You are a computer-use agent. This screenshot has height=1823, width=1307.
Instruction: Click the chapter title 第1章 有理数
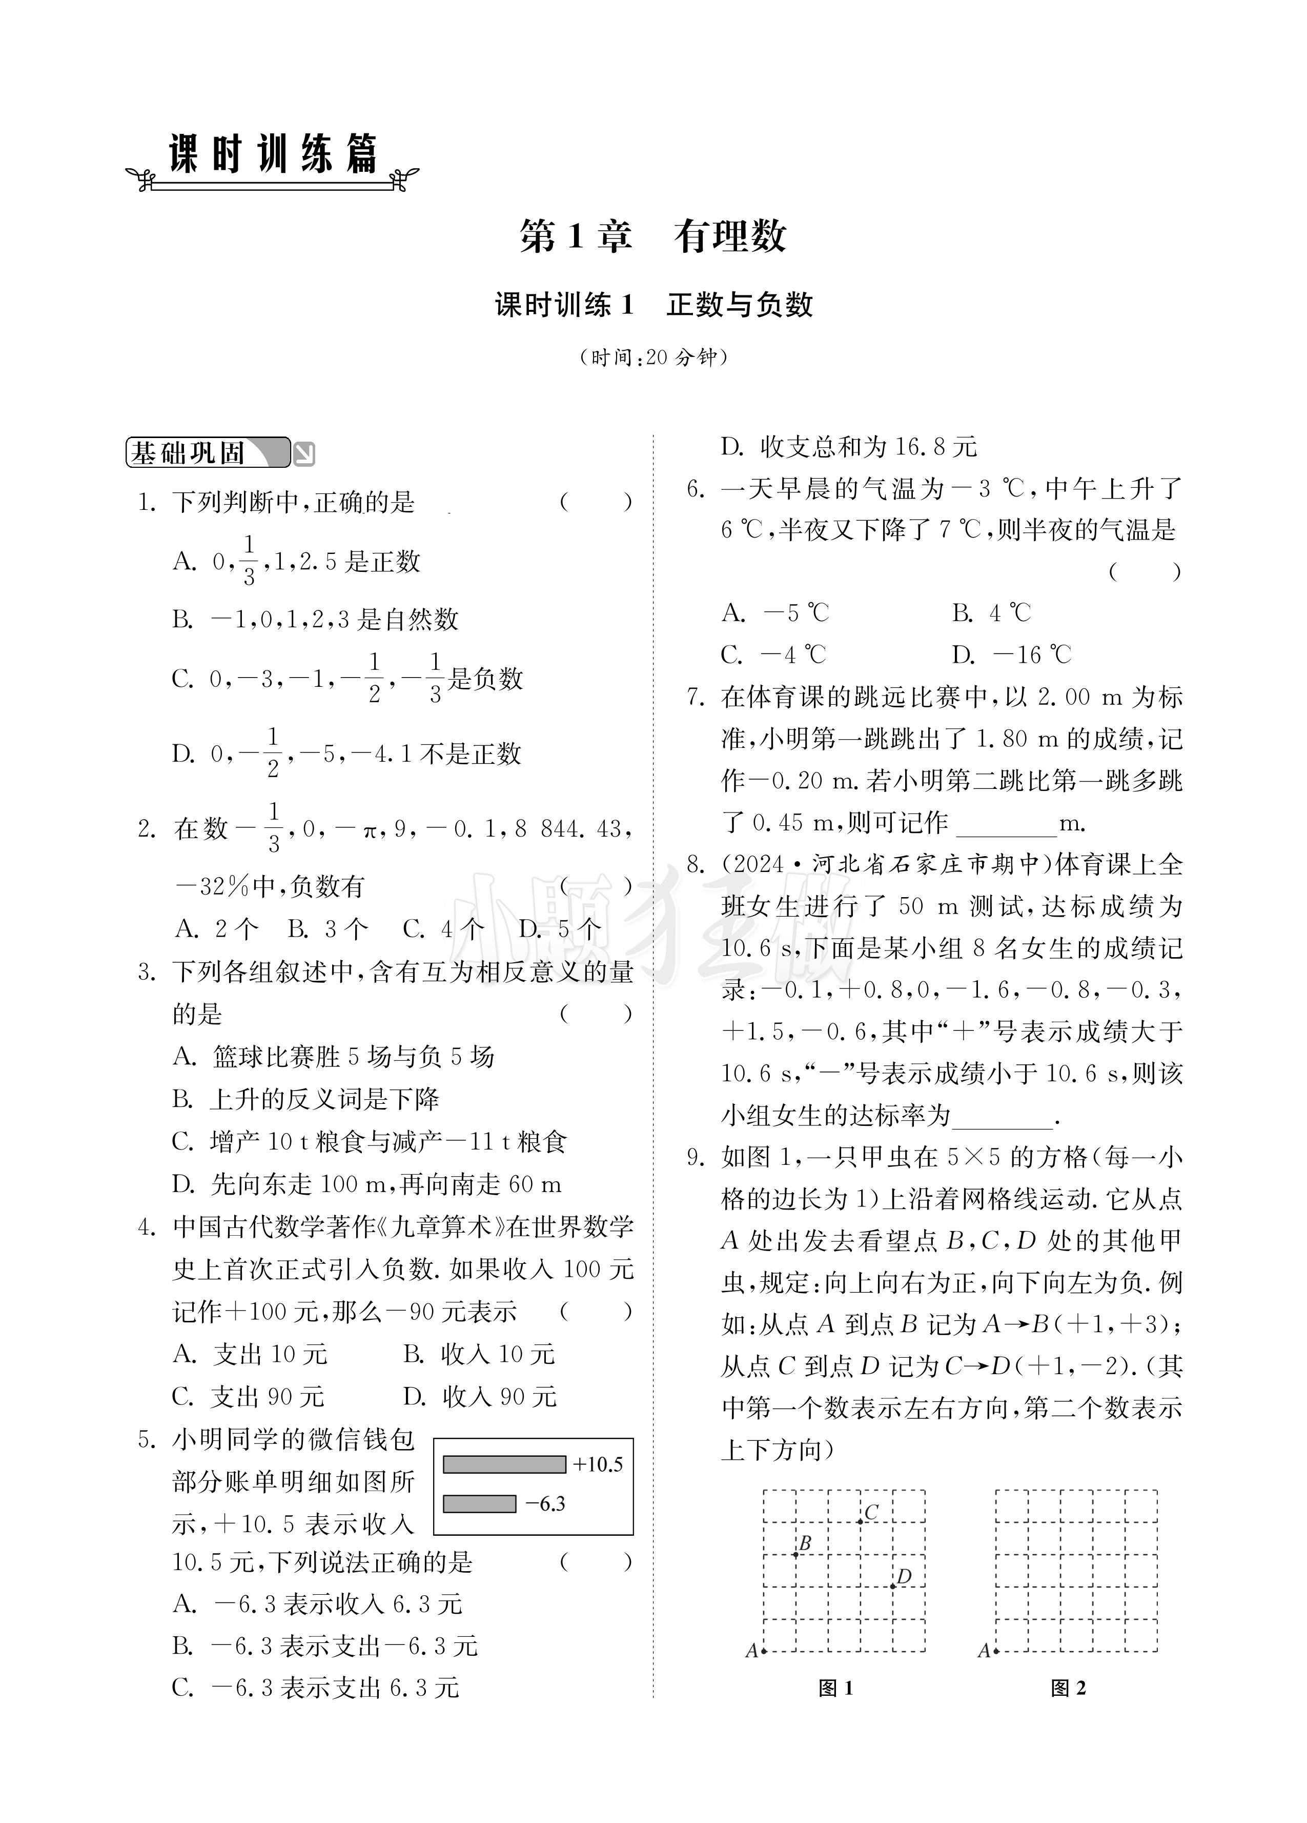coord(652,236)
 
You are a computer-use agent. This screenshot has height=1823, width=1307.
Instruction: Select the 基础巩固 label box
coord(207,453)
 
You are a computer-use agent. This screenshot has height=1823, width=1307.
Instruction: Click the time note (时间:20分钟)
coord(653,357)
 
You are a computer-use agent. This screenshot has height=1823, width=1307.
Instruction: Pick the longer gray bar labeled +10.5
coord(504,1464)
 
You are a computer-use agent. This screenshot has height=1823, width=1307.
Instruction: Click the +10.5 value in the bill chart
coord(598,1464)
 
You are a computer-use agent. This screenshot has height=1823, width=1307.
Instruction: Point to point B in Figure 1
coord(795,1555)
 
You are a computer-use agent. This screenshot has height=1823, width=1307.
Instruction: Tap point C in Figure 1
coord(860,1521)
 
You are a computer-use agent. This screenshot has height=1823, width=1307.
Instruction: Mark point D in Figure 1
coord(892,1587)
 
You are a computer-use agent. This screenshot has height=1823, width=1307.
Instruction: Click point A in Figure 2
coord(996,1651)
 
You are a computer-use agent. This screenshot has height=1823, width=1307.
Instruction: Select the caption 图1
coord(835,1688)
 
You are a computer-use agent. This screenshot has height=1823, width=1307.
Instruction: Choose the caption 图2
coord(1069,1688)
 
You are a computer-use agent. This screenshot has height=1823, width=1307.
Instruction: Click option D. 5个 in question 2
coord(560,929)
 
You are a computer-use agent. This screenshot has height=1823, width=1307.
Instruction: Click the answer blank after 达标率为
coord(1002,1117)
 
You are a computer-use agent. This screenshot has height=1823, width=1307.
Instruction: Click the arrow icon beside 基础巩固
coord(304,455)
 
